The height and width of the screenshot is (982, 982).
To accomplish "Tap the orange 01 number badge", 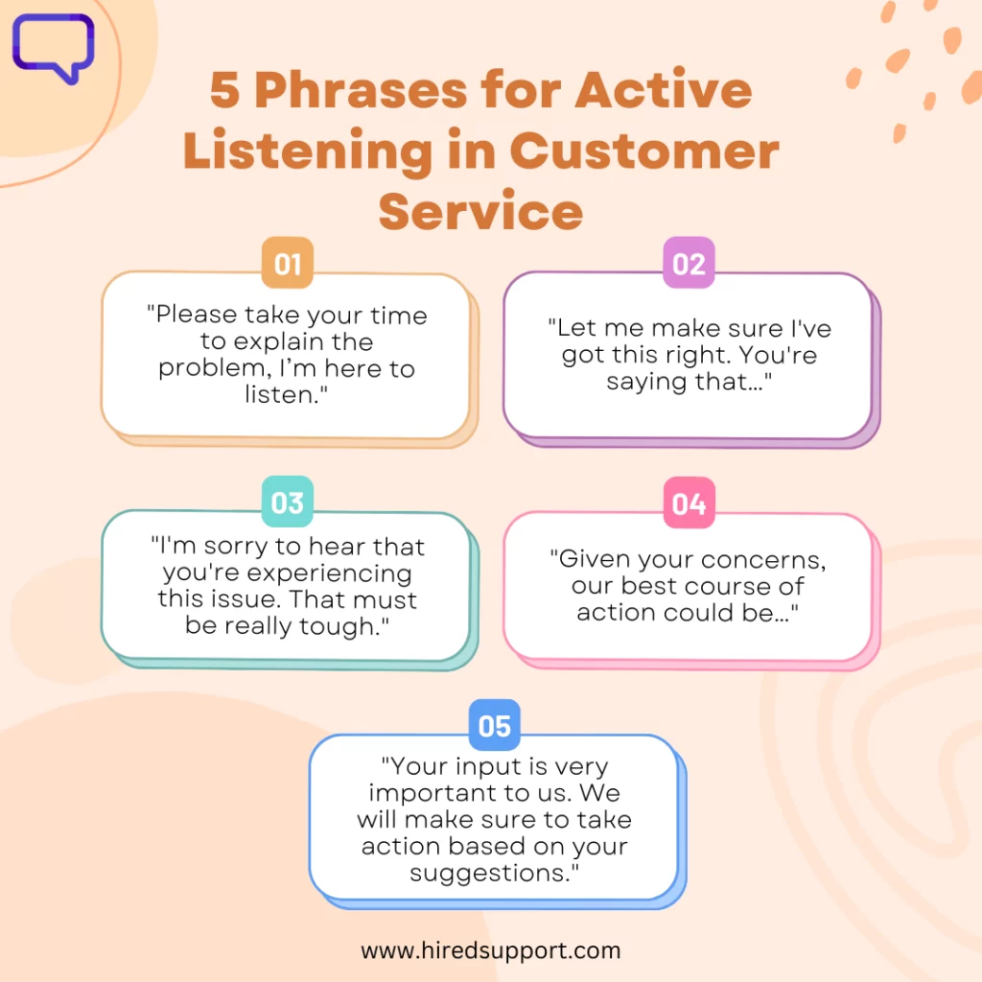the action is coord(288,263).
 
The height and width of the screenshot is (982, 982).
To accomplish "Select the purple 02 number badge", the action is coord(689,263).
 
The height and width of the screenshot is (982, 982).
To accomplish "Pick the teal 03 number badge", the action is coord(288,503).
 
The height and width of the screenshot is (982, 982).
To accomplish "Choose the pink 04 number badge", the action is coord(689,503).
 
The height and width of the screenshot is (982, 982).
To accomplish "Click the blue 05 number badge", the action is coord(495,725).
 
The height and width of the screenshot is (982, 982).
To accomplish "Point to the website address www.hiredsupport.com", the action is coord(491,950).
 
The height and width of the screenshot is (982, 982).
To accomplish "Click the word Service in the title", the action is coord(481,212).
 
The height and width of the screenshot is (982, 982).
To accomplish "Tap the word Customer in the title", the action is coord(645,152).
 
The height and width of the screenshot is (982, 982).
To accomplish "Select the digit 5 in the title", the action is coord(225,90).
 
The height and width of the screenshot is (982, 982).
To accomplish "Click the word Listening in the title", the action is coord(308,152).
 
